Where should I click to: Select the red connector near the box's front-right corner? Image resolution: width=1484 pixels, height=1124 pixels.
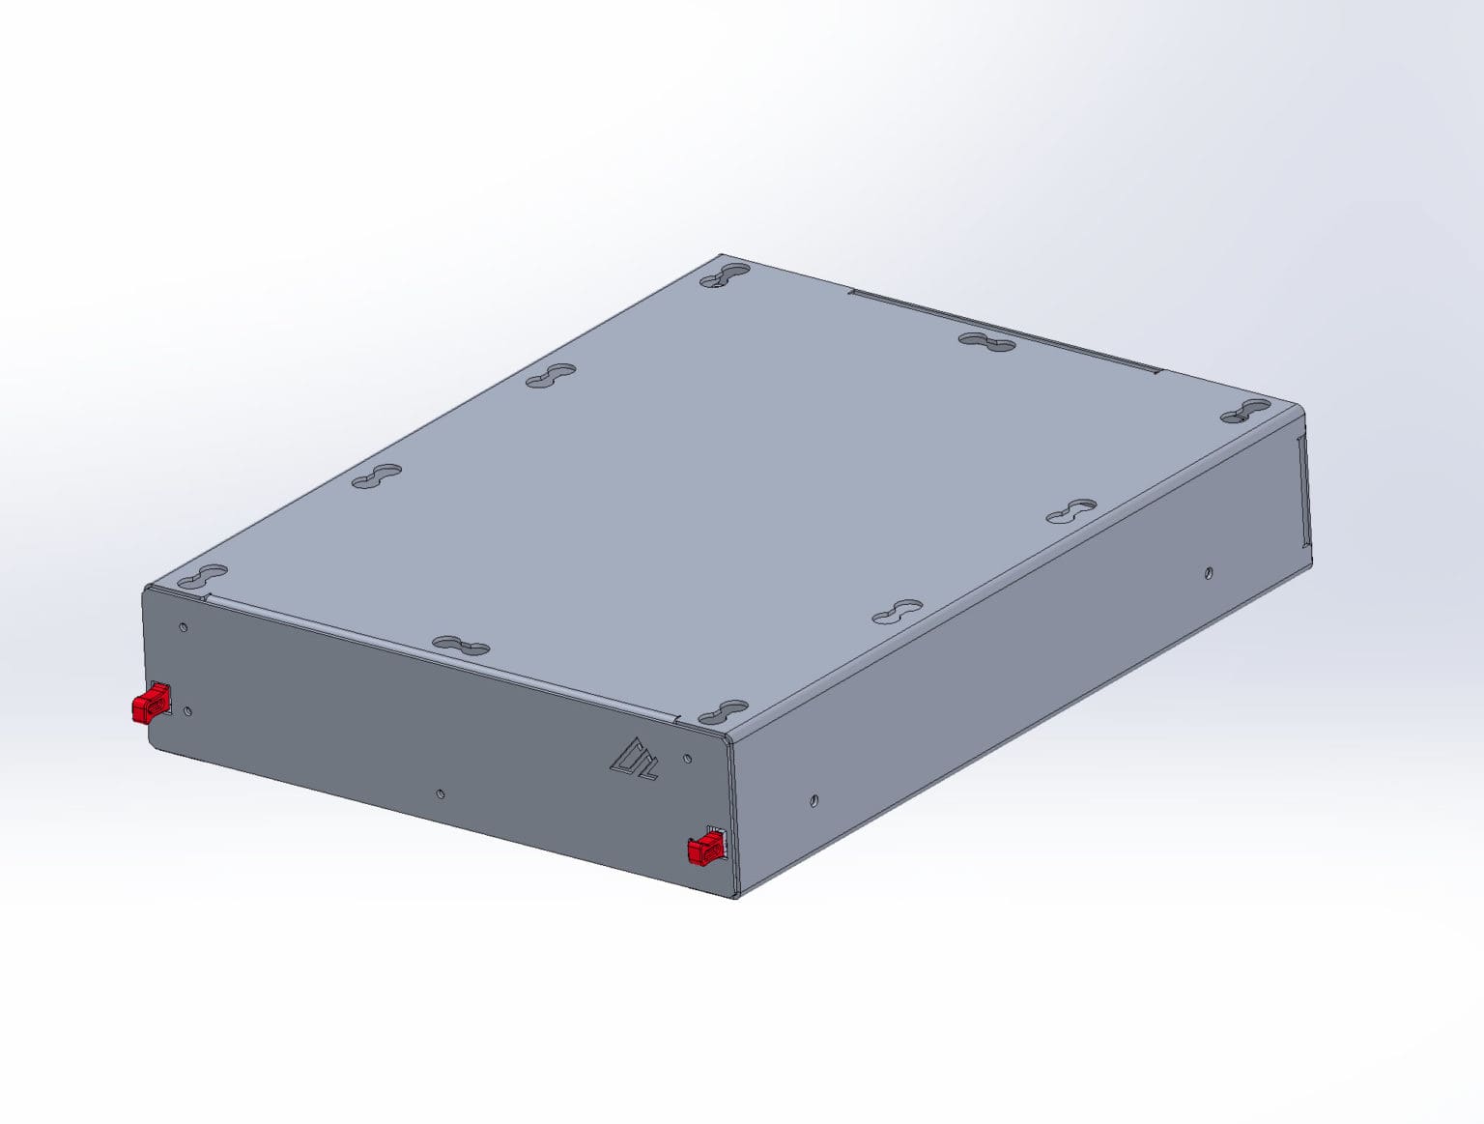pyautogui.click(x=705, y=850)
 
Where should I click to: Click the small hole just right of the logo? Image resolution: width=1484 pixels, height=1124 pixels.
pyautogui.click(x=687, y=759)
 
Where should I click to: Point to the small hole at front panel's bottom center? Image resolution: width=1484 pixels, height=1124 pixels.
pyautogui.click(x=441, y=793)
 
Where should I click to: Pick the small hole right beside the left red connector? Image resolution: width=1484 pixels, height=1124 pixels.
pyautogui.click(x=187, y=711)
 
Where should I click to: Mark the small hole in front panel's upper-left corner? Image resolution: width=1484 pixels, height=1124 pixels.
pyautogui.click(x=184, y=627)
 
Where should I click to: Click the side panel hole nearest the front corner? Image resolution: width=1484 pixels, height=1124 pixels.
pyautogui.click(x=814, y=800)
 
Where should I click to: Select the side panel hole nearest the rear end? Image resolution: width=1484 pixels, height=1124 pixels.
pyautogui.click(x=1209, y=573)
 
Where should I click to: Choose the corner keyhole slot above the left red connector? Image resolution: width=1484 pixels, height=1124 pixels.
pyautogui.click(x=202, y=577)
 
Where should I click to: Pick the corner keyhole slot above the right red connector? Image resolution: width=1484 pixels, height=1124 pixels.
pyautogui.click(x=724, y=713)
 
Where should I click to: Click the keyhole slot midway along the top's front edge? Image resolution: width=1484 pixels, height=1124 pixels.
pyautogui.click(x=461, y=646)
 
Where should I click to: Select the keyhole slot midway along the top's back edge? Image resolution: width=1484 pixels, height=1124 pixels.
pyautogui.click(x=986, y=341)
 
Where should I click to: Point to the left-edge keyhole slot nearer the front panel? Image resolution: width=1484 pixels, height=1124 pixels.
pyautogui.click(x=377, y=476)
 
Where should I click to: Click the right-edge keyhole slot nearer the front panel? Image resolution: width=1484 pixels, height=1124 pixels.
pyautogui.click(x=898, y=612)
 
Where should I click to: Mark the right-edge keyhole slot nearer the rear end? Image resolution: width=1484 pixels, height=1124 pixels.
pyautogui.click(x=1071, y=511)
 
